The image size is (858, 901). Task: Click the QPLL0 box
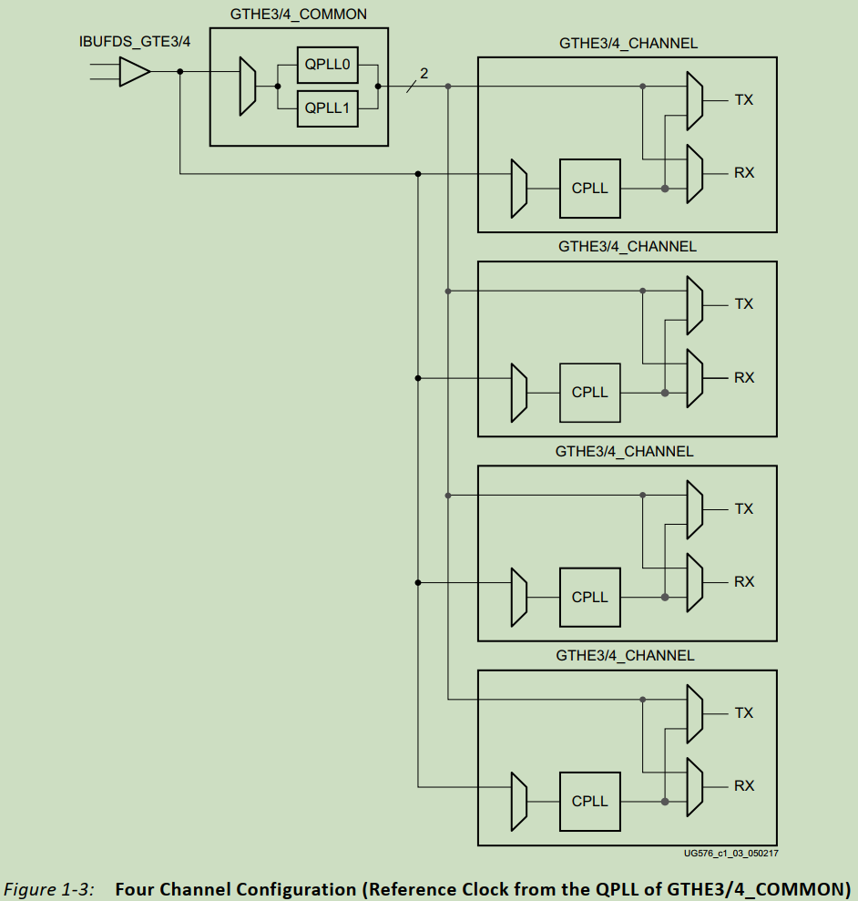327,65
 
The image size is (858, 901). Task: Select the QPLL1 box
327,108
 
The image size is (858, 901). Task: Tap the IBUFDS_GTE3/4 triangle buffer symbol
134,71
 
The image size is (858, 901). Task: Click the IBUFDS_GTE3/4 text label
135,42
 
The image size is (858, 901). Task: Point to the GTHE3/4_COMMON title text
299,15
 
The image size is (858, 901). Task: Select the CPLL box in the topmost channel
589,188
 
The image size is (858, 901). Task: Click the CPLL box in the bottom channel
589,801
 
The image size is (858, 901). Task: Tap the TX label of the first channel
744,100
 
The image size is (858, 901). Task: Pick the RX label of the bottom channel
744,785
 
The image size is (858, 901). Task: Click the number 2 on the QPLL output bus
424,73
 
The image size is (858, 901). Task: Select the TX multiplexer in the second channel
694,305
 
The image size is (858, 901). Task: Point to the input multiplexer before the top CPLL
519,189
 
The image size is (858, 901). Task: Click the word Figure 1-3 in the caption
50,888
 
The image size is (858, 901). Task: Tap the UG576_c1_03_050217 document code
730,854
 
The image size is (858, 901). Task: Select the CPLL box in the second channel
589,392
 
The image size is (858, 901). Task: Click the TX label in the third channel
744,508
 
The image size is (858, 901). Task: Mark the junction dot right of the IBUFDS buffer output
180,71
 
